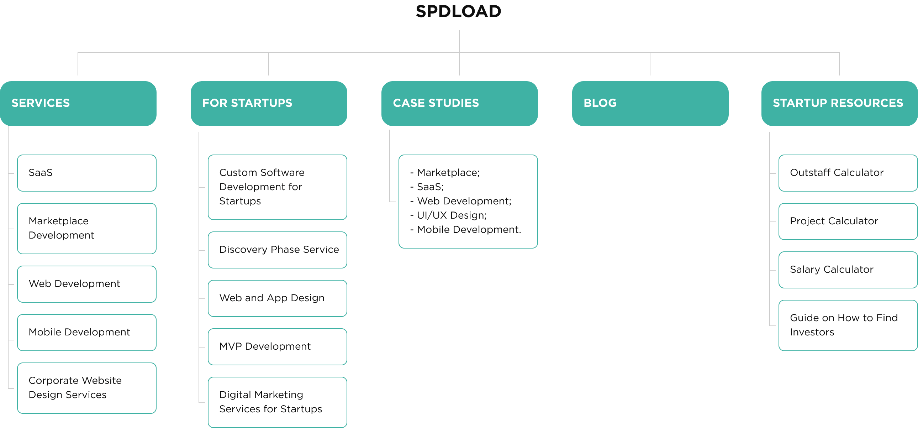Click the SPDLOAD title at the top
tap(459, 11)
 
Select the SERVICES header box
tap(78, 103)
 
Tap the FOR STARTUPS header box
tap(269, 103)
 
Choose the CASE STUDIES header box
tap(459, 103)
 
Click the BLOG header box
tap(650, 103)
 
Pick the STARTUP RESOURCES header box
tap(839, 103)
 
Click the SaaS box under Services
tap(86, 173)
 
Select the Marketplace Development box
tap(86, 228)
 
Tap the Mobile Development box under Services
tap(86, 333)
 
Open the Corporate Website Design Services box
tap(86, 388)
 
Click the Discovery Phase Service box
tap(277, 250)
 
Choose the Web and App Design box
tap(277, 298)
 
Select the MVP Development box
tap(277, 347)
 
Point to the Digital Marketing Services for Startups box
tap(277, 402)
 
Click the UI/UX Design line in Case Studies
tap(452, 215)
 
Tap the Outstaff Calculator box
tap(848, 173)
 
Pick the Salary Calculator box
tap(848, 270)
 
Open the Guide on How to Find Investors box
tap(848, 325)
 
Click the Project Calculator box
tap(848, 221)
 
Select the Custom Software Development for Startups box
tap(277, 187)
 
